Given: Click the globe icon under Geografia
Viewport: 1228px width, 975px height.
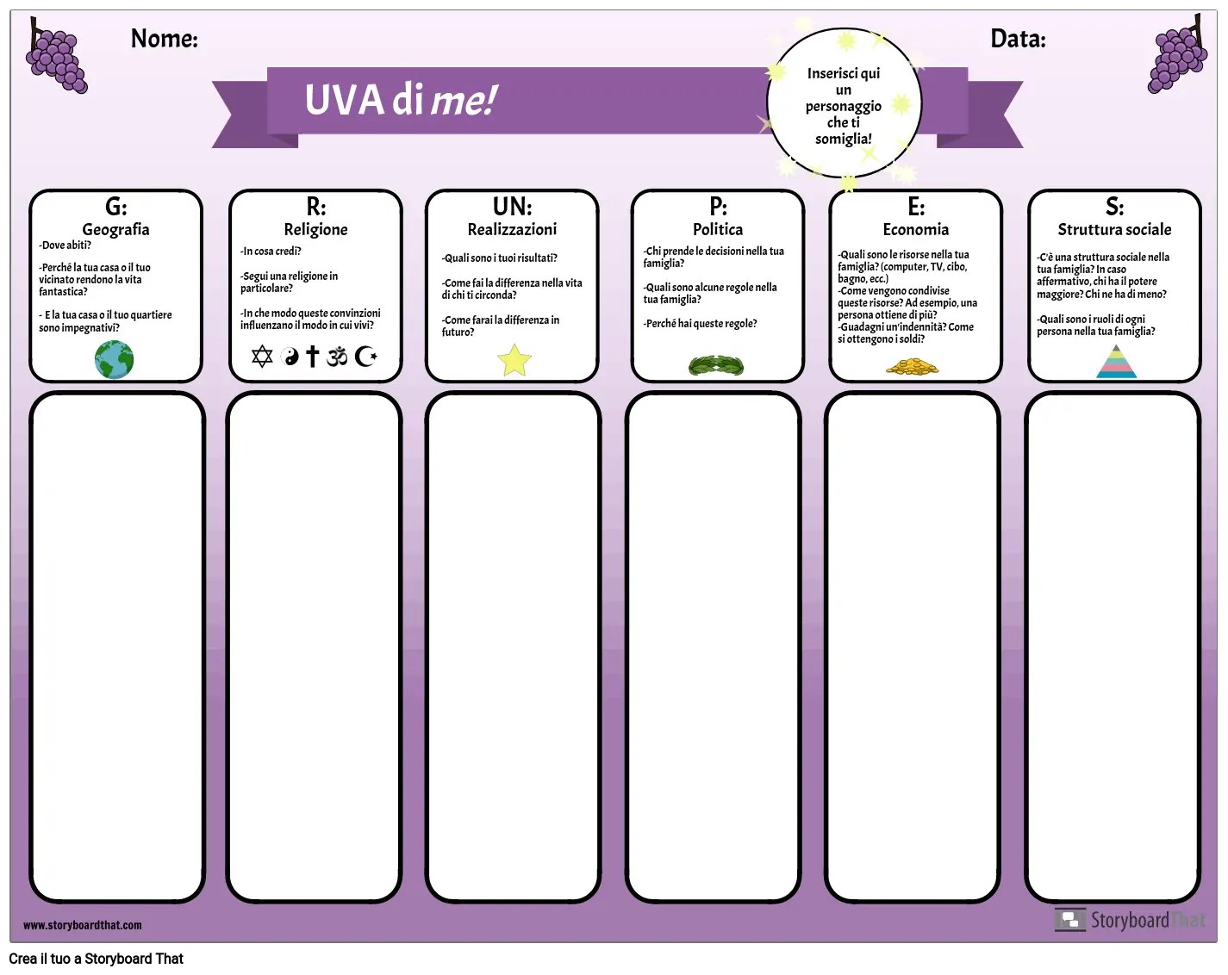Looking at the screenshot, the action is click(114, 359).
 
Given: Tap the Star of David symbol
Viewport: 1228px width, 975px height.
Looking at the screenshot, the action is click(262, 357).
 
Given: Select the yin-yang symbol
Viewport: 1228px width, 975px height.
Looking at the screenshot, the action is click(290, 357).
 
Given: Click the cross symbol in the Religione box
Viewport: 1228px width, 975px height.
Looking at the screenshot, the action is click(312, 356).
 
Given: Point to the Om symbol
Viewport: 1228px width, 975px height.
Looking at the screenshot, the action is click(337, 357).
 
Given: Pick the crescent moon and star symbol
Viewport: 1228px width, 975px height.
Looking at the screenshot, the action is click(365, 356).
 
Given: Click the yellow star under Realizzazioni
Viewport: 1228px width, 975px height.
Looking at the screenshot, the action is click(514, 359).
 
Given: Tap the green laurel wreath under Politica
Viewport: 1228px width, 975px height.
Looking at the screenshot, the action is click(716, 365).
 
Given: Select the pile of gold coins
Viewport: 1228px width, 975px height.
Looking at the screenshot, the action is click(912, 367).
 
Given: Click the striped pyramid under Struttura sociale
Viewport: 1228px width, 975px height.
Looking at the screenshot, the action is click(1116, 362).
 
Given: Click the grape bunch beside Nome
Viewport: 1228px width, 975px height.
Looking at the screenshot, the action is click(55, 56).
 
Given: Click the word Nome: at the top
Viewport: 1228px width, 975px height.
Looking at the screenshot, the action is click(165, 39).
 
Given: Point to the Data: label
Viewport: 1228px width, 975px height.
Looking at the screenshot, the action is click(1018, 39).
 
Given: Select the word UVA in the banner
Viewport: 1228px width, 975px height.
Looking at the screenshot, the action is click(344, 100).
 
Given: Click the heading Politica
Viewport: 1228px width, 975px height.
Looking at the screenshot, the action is click(718, 229).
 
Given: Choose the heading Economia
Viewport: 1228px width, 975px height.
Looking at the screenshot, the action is click(916, 229).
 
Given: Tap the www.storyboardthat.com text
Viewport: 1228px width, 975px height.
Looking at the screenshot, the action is click(83, 925).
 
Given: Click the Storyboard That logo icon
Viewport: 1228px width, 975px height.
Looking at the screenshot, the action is click(1070, 920).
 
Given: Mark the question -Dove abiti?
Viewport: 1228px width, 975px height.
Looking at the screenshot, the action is click(65, 245).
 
